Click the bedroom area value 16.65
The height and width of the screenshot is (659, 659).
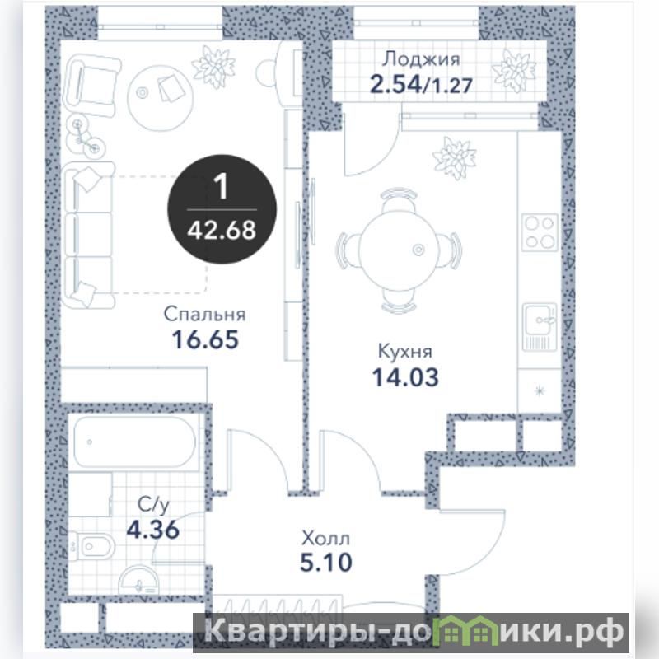coord(205,339)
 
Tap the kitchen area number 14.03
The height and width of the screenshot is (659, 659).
coord(405,377)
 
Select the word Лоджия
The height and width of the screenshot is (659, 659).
coord(421,59)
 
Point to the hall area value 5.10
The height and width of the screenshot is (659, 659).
coord(326,563)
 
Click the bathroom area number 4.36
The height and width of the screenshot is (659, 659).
coord(153,530)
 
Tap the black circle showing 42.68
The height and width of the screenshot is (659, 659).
coord(222,209)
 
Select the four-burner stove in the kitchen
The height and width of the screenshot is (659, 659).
coord(540,232)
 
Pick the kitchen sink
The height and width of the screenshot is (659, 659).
coord(540,327)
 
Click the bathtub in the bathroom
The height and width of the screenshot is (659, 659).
coord(135,442)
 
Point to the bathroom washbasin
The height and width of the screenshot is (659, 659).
coord(139,580)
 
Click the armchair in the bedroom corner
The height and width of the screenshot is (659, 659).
coord(92,86)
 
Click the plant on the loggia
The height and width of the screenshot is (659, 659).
coord(513,71)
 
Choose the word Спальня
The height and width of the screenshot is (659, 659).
coord(204,315)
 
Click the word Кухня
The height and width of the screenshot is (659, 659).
coord(405,352)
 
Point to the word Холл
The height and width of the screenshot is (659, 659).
coord(325,539)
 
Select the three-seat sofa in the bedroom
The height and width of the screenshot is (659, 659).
coord(88,236)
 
